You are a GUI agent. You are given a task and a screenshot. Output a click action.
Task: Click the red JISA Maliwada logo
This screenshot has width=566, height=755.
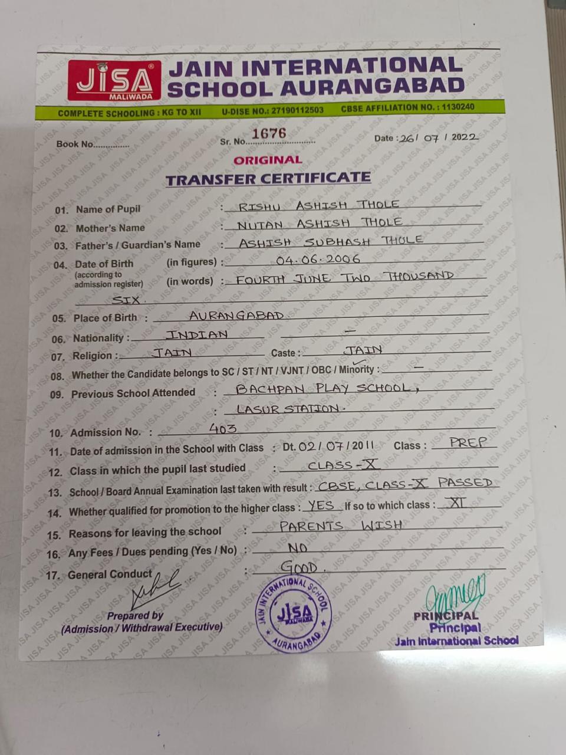114,80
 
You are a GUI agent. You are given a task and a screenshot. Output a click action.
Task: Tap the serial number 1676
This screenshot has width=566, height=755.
269,133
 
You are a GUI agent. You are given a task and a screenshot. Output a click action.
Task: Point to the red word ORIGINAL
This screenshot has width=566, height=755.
268,160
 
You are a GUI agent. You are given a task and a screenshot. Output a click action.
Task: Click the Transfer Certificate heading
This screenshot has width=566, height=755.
268,179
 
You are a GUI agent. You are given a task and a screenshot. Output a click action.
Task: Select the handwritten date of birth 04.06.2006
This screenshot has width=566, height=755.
318,260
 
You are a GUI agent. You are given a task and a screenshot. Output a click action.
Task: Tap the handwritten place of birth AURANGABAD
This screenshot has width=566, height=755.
236,316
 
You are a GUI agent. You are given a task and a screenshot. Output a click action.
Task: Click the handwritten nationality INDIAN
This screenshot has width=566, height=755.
196,335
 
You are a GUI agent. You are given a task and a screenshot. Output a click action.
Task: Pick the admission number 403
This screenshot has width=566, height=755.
223,429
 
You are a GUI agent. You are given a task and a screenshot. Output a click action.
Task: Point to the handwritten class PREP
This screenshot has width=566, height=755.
468,442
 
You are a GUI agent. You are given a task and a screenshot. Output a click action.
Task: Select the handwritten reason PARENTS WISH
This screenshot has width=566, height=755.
341,526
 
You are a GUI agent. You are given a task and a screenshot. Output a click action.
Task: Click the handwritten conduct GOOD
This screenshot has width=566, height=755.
299,567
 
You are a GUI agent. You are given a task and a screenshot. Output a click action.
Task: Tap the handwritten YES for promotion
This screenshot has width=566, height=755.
321,505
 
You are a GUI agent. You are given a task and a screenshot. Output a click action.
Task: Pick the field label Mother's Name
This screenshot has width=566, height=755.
110,228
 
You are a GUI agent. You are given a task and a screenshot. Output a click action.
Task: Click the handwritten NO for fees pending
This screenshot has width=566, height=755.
298,548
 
